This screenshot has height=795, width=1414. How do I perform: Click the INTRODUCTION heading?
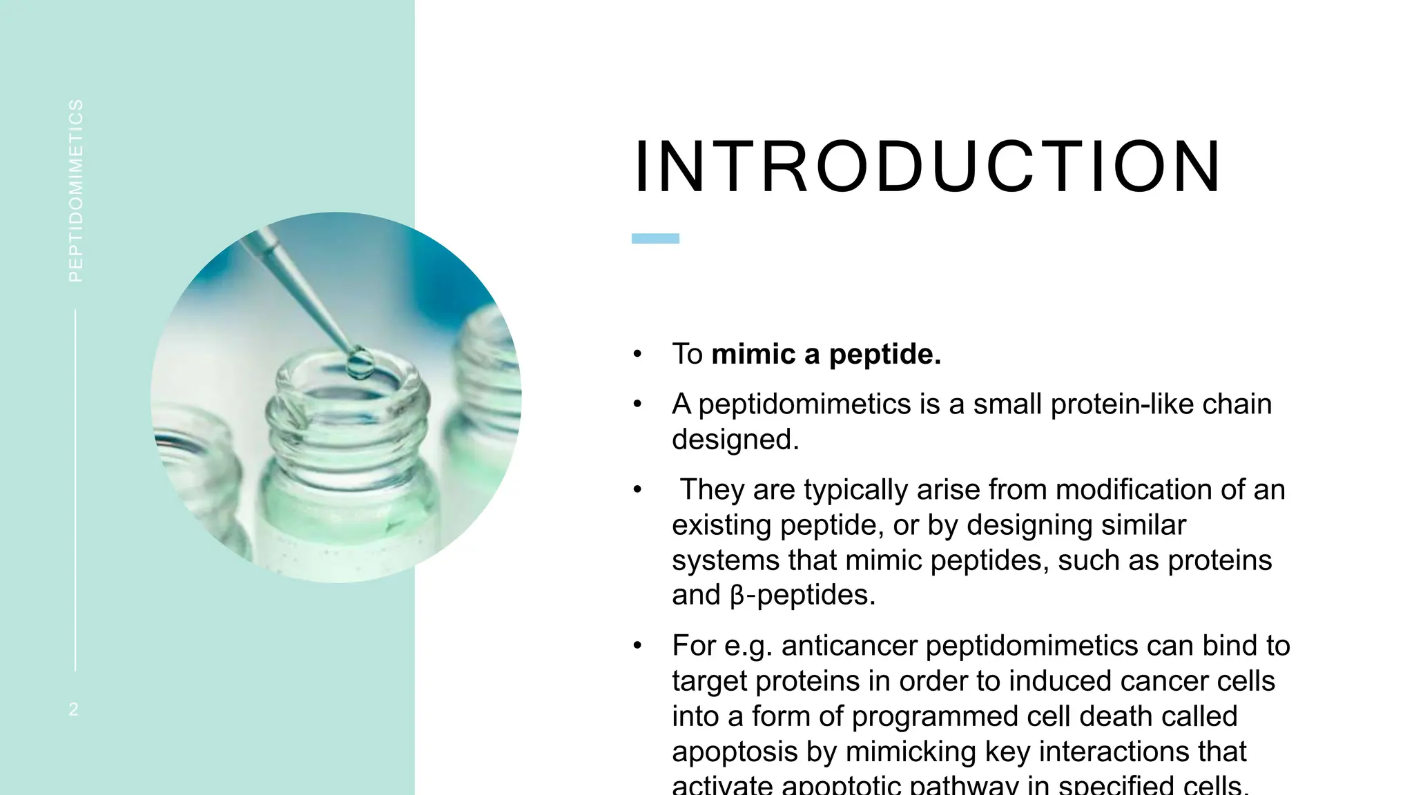[927, 168]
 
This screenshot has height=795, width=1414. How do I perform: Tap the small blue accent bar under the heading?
[655, 239]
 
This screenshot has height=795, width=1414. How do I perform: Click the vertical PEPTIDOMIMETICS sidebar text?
[76, 190]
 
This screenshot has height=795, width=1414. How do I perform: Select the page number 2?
[74, 709]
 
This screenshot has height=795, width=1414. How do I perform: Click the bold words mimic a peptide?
[826, 354]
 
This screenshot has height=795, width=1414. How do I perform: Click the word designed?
[735, 440]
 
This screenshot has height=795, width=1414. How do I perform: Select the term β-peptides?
[802, 595]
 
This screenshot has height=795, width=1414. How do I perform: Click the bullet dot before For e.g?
[637, 646]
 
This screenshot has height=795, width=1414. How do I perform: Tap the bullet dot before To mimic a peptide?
[637, 355]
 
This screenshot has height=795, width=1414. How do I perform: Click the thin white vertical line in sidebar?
[75, 490]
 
